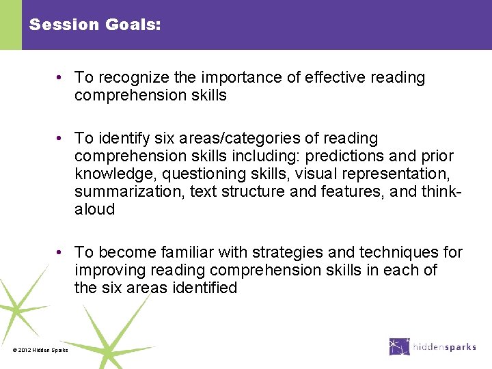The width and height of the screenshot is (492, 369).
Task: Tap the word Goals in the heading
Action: click(x=133, y=25)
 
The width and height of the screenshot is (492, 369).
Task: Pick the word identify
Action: click(x=124, y=139)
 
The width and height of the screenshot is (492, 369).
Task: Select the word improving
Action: click(x=107, y=271)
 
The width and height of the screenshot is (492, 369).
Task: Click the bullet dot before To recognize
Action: click(x=61, y=78)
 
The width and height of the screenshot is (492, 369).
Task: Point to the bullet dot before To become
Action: click(x=61, y=253)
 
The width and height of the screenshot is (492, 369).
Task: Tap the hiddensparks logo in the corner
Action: click(x=433, y=346)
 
